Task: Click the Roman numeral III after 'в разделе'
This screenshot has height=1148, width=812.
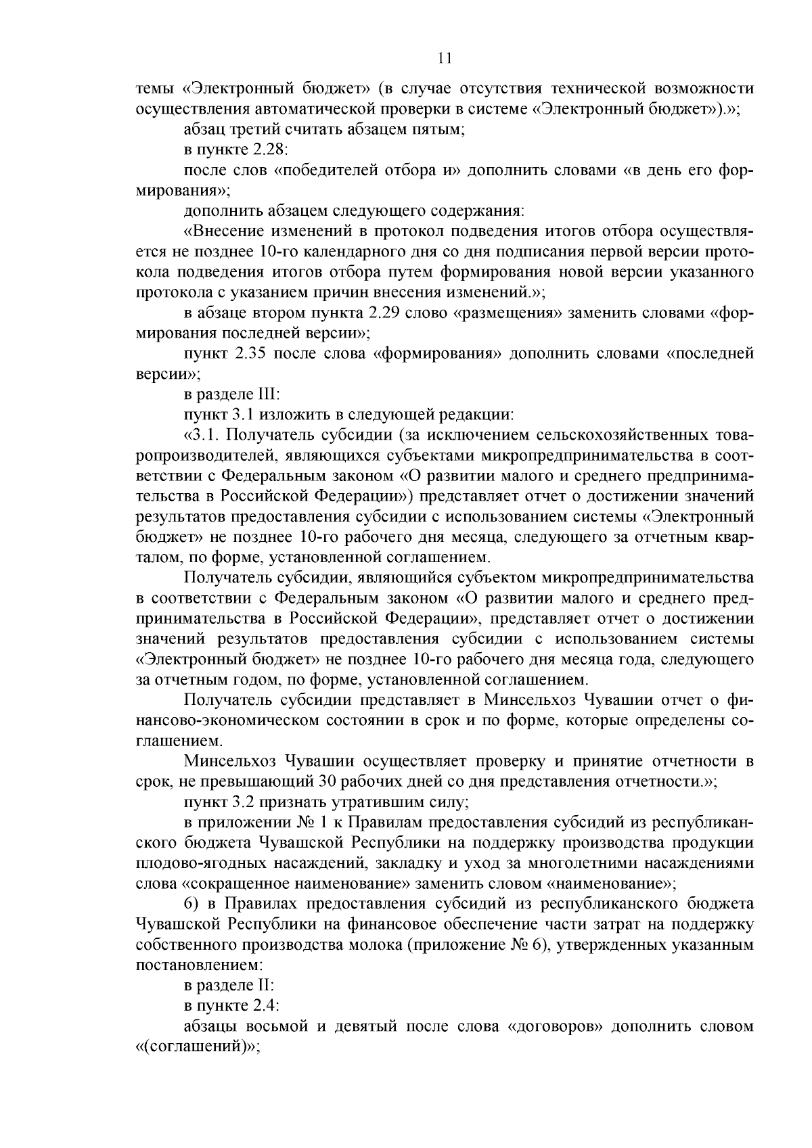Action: coord(261,394)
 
